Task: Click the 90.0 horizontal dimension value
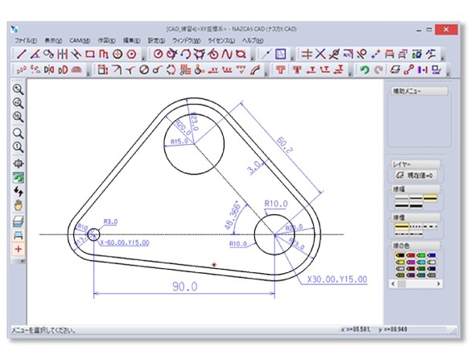point(183,286)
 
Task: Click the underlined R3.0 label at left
point(111,221)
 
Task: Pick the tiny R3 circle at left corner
point(94,234)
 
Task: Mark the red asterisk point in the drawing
point(214,264)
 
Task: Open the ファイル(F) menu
point(26,39)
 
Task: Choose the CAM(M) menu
point(78,39)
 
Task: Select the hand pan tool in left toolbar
point(18,205)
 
